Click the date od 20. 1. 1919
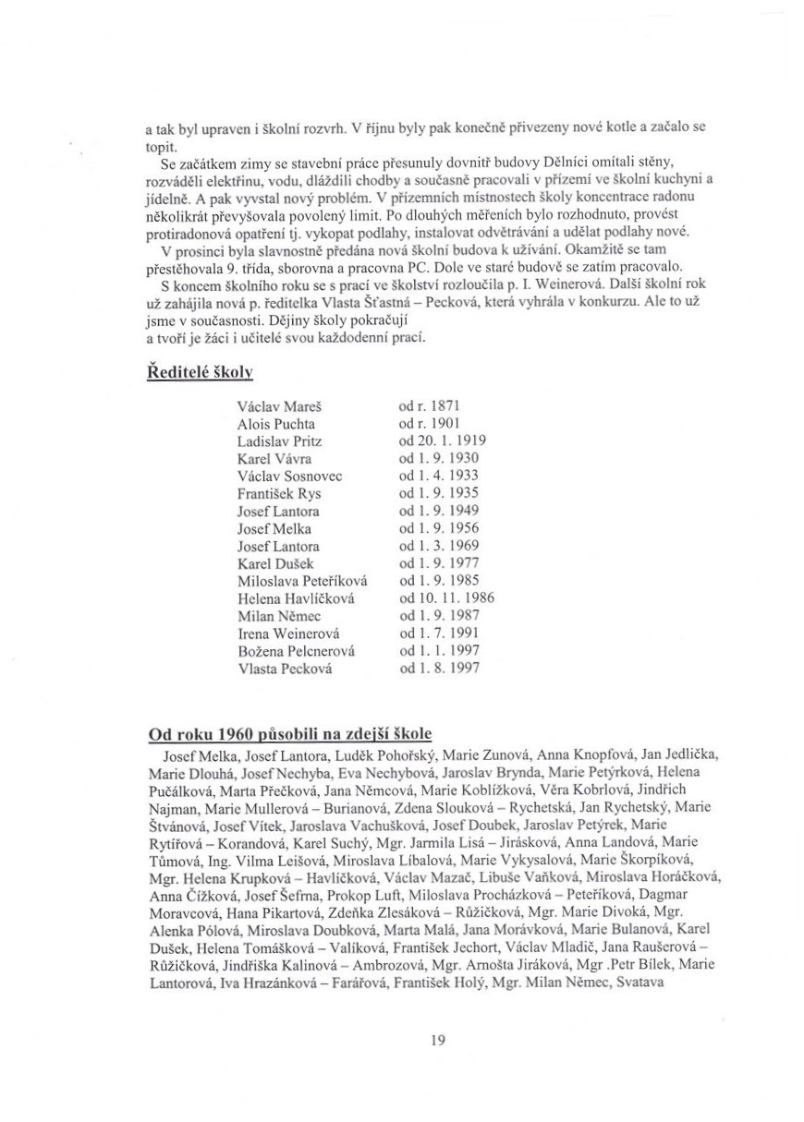coord(443,441)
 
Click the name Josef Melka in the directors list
coord(274,529)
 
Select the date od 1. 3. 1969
coord(439,547)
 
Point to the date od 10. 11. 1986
coord(446,598)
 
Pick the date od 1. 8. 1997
coord(439,669)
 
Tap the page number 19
coord(438,1041)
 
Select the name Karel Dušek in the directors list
coord(275,564)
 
